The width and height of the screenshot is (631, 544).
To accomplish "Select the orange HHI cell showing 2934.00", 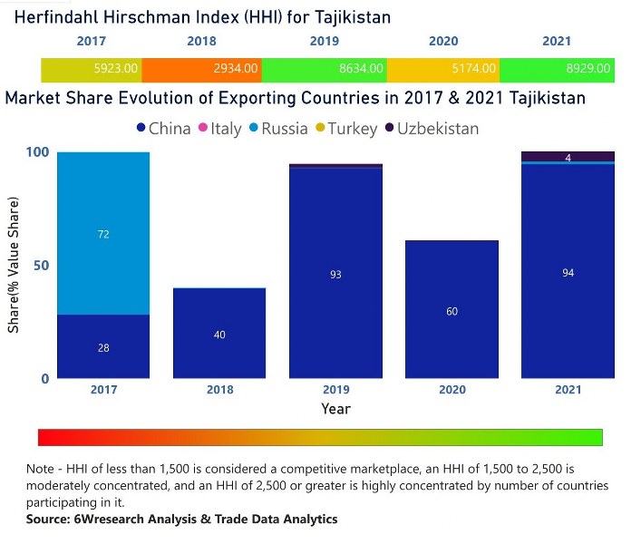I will [206, 68].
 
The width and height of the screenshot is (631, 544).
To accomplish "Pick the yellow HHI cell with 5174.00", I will [442, 68].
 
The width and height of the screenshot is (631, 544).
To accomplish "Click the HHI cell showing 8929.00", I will [557, 68].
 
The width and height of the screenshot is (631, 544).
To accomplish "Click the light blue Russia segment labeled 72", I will [103, 234].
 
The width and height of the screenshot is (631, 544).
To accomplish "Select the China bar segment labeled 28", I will [103, 346].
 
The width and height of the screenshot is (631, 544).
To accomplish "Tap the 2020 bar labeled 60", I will [451, 310].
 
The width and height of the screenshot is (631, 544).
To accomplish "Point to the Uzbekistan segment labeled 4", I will [568, 157].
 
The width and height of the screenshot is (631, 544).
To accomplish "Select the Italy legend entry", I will [219, 129].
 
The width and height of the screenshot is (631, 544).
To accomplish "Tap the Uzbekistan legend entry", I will [431, 129].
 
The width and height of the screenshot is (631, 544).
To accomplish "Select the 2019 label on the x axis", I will [335, 390].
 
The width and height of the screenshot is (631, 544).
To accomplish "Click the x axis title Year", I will [335, 409].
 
